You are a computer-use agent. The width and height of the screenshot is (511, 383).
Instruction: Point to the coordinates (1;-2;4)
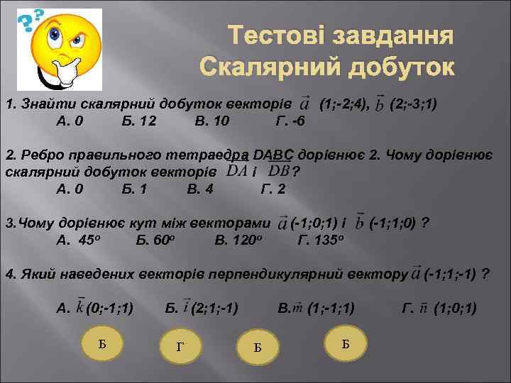pos(344,105)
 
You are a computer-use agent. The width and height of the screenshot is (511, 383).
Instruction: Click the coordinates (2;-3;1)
pos(414,105)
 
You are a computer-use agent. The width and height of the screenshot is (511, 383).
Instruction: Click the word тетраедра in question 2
pos(207,155)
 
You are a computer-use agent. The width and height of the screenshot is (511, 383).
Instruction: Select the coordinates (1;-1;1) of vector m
pos(331,308)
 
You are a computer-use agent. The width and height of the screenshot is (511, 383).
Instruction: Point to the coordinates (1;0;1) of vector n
pos(455,308)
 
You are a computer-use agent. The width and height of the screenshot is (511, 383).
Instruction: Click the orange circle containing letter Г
pos(179,346)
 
